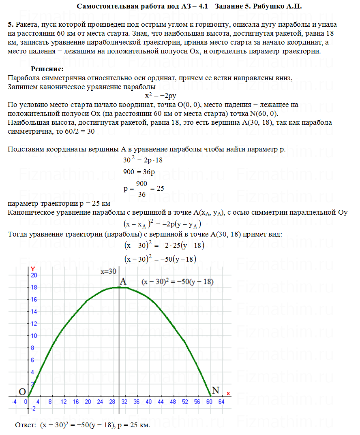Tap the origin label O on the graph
[23, 392]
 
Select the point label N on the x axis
[216, 390]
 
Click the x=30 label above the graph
[109, 272]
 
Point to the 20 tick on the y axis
[34, 275]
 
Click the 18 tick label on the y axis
[34, 288]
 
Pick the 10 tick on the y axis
[34, 336]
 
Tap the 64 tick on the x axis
[221, 402]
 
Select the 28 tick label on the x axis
[112, 402]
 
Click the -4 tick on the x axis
[14, 402]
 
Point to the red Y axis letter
[33, 269]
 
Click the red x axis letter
[229, 393]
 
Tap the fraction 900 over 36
[141, 189]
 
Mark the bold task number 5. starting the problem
[10, 25]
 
